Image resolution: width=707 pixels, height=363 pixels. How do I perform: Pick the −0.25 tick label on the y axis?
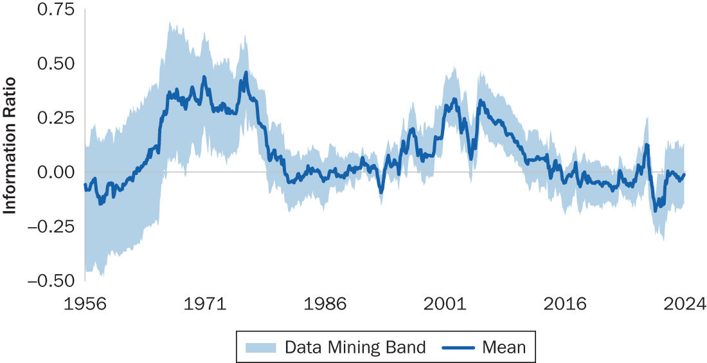[x=51, y=227]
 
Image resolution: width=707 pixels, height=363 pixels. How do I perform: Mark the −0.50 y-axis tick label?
[x=51, y=281]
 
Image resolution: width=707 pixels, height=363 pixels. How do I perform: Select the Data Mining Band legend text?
[x=355, y=348]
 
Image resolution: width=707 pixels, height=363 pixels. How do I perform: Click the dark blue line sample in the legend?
[x=460, y=348]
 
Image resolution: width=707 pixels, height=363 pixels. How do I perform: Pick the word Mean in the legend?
[x=504, y=348]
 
